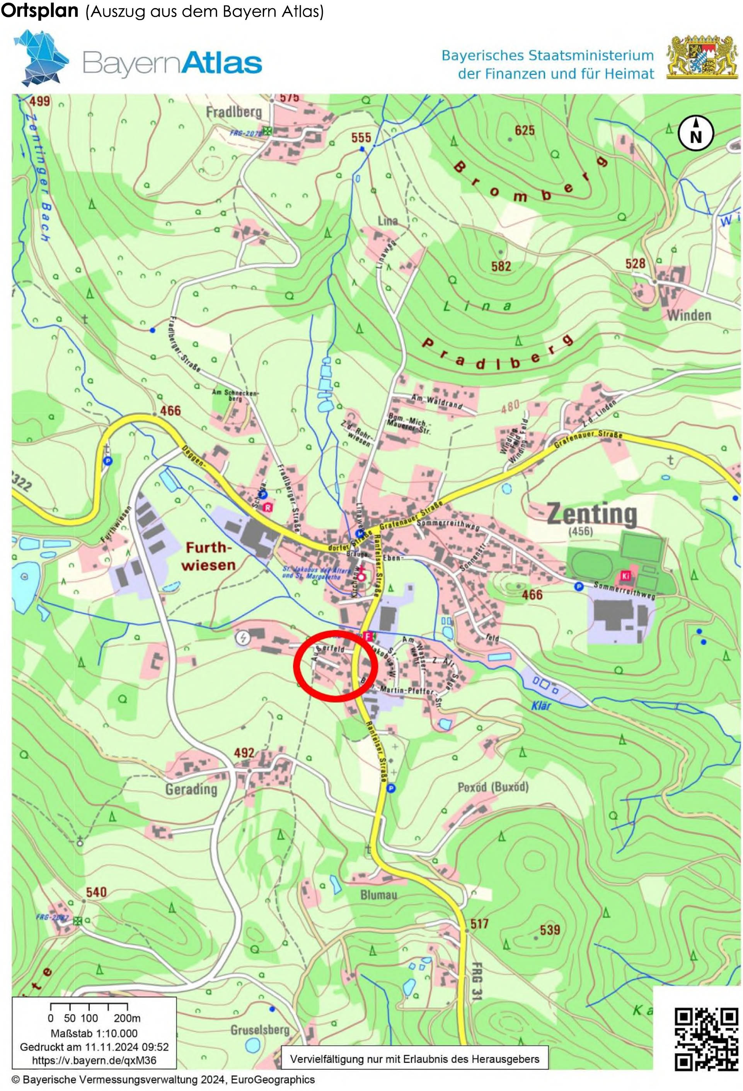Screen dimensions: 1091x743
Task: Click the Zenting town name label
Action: [592, 514]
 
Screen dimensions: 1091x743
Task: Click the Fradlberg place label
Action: [234, 112]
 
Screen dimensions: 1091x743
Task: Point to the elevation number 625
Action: [524, 131]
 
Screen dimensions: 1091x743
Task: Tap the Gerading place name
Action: [191, 789]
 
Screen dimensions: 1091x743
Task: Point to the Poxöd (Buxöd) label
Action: [493, 787]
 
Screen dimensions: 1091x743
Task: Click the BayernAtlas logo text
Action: [172, 63]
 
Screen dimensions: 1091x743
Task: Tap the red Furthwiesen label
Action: [209, 556]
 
